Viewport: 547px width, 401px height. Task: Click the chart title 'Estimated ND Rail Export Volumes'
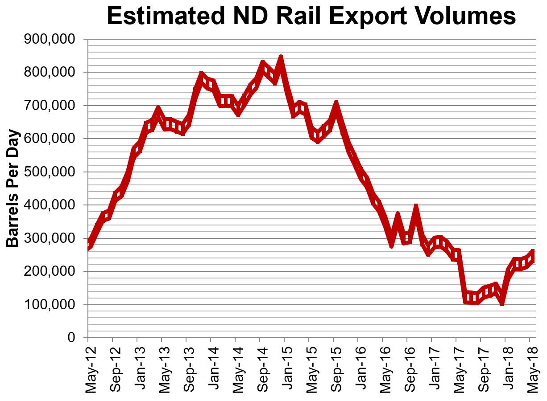311,17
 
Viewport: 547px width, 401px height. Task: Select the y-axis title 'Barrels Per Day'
13,189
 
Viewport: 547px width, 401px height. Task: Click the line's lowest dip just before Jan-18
502,303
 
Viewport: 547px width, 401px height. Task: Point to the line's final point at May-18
532,254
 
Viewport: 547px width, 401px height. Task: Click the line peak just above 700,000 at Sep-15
336,104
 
